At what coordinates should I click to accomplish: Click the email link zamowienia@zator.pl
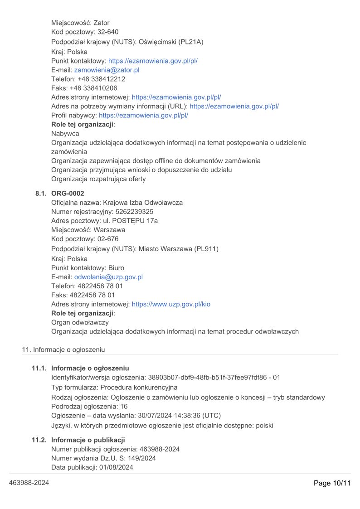(107, 70)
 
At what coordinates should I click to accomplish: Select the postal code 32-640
(108, 32)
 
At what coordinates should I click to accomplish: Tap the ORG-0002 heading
(68, 194)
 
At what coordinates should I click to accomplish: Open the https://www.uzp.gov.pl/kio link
(170, 304)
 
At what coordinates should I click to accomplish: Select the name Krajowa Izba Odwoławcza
(143, 203)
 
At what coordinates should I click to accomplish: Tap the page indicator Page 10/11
(332, 483)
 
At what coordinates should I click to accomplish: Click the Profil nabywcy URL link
(143, 115)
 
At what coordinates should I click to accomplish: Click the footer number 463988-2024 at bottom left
(29, 483)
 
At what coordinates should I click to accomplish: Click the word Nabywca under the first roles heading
(65, 134)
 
